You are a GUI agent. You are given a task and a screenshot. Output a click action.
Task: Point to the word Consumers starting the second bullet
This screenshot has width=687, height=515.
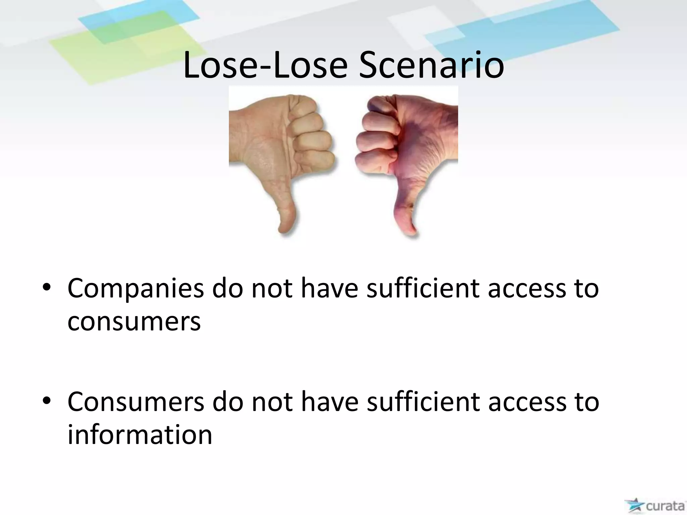pos(136,402)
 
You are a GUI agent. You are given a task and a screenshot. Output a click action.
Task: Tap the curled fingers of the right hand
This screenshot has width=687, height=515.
pos(376,137)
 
